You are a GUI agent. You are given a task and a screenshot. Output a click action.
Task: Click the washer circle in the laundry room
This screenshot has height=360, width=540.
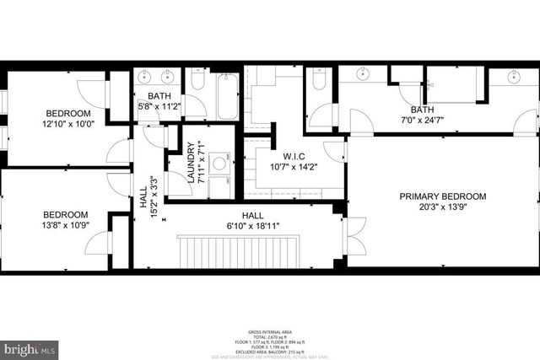[219, 163]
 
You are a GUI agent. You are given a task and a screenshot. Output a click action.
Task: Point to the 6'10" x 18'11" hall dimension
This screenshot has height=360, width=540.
[253, 226]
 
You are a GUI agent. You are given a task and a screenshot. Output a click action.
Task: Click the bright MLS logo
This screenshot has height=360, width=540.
[30, 347]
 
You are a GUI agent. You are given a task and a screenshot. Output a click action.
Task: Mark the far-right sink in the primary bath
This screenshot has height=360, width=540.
[514, 78]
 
